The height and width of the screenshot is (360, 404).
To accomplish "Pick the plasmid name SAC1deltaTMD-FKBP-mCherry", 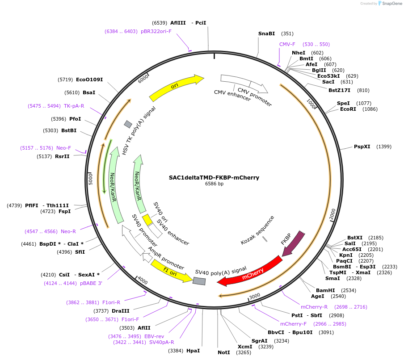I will coord(214,177).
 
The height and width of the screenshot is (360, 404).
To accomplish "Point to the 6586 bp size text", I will coord(214,184).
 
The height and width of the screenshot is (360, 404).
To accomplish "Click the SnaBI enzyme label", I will coord(267,33).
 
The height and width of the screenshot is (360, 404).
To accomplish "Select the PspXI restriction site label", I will coord(362,147).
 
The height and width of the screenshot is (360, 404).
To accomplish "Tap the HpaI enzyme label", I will coord(193,351).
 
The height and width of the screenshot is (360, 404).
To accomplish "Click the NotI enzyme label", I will coord(224,352).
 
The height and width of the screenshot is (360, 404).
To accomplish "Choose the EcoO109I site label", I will coord(89,80).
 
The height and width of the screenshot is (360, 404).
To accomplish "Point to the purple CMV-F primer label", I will coord(287,44).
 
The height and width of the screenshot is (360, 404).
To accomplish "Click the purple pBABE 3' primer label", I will coord(92,283).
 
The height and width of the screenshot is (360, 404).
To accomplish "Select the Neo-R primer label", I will coord(68,231).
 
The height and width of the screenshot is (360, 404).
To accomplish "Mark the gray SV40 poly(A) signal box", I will coord(199,281).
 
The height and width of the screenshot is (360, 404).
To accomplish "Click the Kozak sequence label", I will coord(257,230).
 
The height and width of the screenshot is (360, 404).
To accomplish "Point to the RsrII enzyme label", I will coord(62,156).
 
